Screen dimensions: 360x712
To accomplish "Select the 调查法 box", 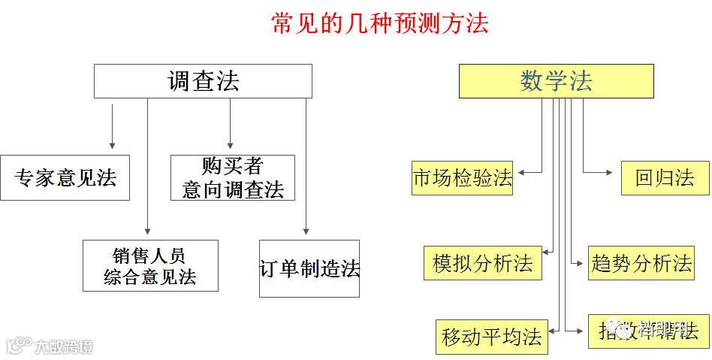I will coord(203,81).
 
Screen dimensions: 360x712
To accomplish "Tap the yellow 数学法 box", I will coord(556,81).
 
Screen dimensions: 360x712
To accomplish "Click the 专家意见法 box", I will coord(65,178).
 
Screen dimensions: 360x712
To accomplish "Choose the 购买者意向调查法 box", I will coord(232,178).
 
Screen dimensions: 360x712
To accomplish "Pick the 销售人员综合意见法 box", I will coord(150,265).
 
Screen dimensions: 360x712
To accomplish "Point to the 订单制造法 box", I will coord(309,268).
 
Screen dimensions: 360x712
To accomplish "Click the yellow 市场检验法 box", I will coord(462,178).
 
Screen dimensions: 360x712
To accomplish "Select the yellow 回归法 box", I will coord(665,178).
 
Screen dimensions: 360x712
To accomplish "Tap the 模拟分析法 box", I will coord(482,263).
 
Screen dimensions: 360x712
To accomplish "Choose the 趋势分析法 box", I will coord(641,263).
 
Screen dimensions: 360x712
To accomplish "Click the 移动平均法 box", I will coord(492,337).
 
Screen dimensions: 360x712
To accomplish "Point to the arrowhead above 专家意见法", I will coord(112,144).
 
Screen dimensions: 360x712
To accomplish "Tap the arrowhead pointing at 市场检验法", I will coord(520,172).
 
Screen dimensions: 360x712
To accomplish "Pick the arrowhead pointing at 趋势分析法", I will coord(579,263).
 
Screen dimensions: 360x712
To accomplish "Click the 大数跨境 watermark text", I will coord(63,346).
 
